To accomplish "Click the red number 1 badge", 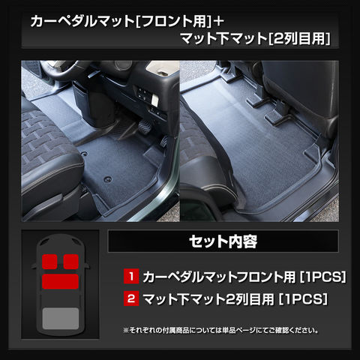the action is click(131, 276).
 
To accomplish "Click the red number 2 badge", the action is click(131, 298).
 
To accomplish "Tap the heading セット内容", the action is click(223, 241).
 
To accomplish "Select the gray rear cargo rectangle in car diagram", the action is click(61, 318).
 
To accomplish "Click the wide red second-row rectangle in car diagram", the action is click(61, 281).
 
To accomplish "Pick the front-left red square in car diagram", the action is click(49, 262).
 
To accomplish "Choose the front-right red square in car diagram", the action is click(71, 262).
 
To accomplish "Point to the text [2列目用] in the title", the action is click(299, 39).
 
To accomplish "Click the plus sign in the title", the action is click(219, 21).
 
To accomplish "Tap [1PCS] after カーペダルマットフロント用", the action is click(323, 277).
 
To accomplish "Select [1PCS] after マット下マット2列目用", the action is click(303, 298).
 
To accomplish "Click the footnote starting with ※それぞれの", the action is click(221, 330).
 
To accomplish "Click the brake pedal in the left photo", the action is click(144, 124).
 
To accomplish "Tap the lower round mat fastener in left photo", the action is click(108, 179).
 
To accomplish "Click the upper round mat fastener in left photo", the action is click(85, 154).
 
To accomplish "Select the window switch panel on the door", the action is click(144, 94).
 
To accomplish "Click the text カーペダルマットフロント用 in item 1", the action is click(220, 277).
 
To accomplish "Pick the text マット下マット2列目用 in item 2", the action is click(208, 298).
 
